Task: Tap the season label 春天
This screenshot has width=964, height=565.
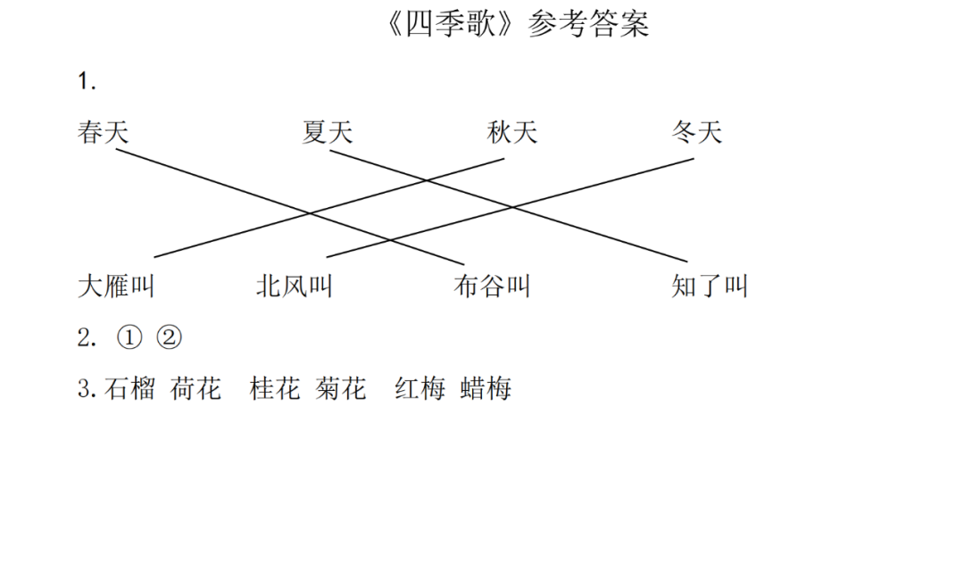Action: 104,133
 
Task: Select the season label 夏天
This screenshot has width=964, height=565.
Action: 328,133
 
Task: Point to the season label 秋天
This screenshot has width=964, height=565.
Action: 512,133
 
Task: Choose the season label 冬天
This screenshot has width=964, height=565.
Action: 696,133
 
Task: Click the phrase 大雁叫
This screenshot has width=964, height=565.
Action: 117,287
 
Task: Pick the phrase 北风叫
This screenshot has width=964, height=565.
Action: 295,287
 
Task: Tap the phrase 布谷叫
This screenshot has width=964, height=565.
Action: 492,287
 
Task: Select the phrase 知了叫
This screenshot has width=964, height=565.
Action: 710,287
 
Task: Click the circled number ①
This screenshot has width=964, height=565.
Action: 129,338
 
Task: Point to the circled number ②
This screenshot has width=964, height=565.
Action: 169,338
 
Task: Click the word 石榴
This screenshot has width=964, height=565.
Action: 130,389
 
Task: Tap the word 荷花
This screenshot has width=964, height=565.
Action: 195,389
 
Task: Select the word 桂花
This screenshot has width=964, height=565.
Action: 275,389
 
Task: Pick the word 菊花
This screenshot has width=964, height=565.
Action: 340,389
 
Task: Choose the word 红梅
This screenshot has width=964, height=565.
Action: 420,389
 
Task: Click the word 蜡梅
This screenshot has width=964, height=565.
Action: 486,389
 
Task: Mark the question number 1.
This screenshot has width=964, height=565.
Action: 87,82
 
